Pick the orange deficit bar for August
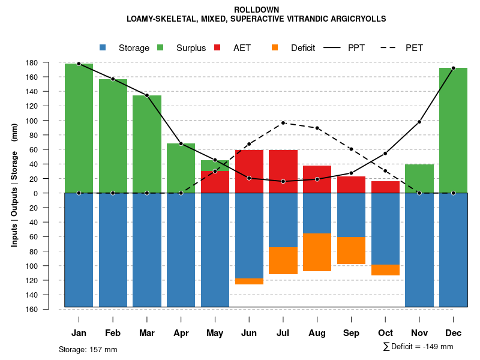click(x=317, y=252)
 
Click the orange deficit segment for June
click(x=249, y=281)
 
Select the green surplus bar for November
click(x=419, y=178)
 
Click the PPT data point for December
click(x=453, y=68)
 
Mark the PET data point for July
click(x=283, y=123)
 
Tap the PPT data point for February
click(x=113, y=79)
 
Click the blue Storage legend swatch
click(x=103, y=48)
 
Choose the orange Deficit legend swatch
click(x=275, y=48)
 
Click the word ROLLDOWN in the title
click(x=256, y=10)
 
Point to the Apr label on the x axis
click(x=181, y=333)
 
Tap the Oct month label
click(x=385, y=333)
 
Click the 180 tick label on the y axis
click(x=49, y=63)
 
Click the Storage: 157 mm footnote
click(x=88, y=349)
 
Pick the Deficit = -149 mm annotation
click(x=418, y=347)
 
